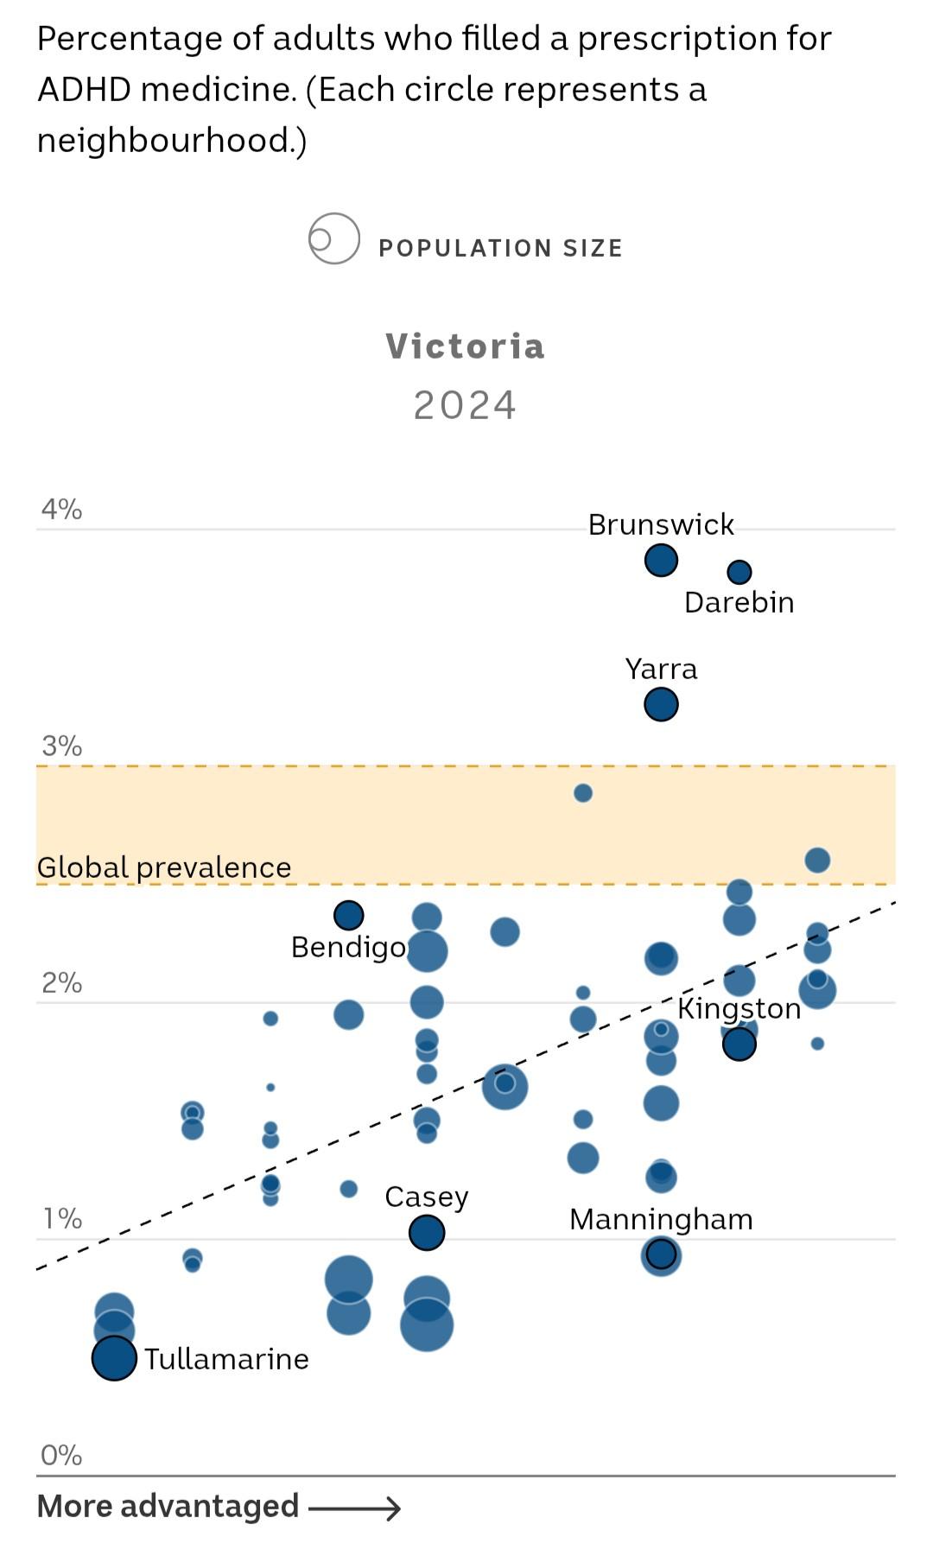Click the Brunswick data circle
click(x=661, y=560)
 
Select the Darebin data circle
click(x=739, y=572)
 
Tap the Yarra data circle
click(x=661, y=704)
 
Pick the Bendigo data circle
click(x=348, y=914)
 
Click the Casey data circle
click(x=427, y=1232)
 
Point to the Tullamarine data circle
click(x=114, y=1358)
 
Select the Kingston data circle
click(x=739, y=1044)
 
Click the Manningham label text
click(x=661, y=1219)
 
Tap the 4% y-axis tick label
click(x=61, y=510)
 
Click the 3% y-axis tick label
click(x=61, y=746)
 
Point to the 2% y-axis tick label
click(x=61, y=982)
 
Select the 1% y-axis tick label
click(x=61, y=1219)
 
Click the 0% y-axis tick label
click(x=61, y=1456)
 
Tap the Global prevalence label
click(x=164, y=867)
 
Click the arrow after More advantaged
click(x=354, y=1508)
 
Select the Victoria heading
click(x=465, y=346)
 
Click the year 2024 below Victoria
click(x=465, y=405)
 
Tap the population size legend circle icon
click(x=333, y=238)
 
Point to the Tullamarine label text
click(x=226, y=1359)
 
